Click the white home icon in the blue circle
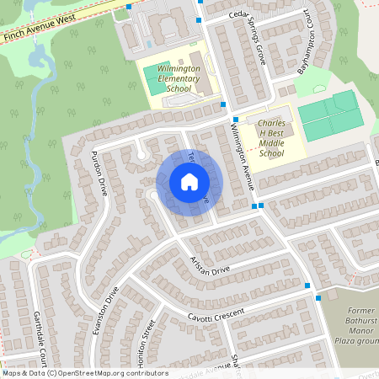189,182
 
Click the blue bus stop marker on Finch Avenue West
128,7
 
